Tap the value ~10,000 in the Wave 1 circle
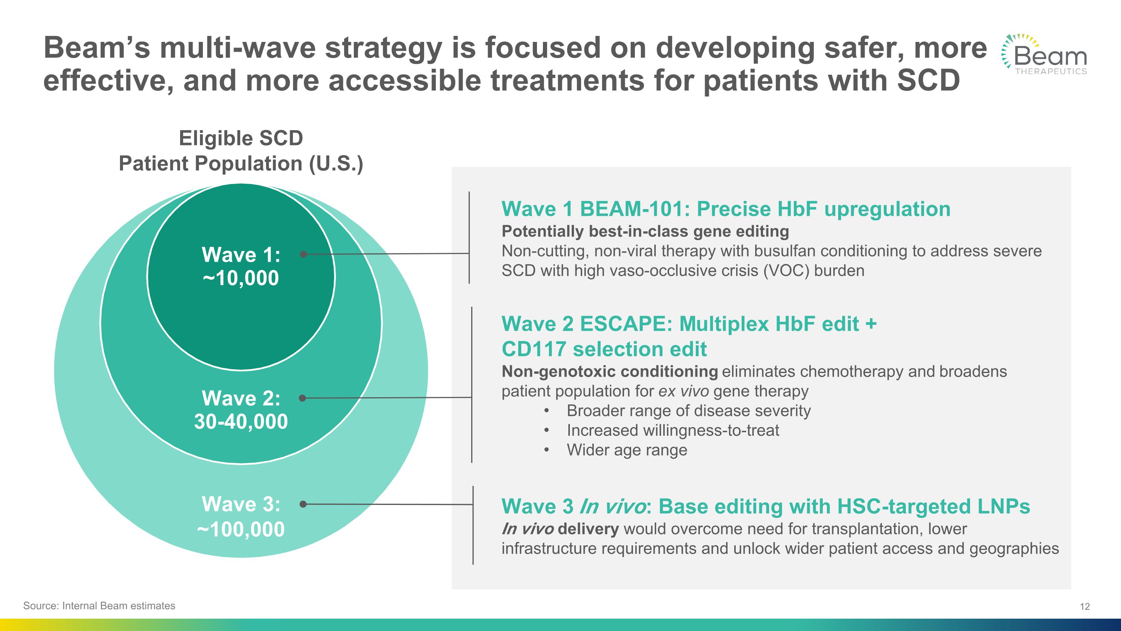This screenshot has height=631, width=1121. [x=241, y=278]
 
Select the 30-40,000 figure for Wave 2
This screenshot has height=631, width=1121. [x=241, y=422]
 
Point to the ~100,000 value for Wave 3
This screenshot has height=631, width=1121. [x=241, y=530]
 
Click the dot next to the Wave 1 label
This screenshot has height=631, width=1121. [x=303, y=254]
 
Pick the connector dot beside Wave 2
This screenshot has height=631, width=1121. [x=302, y=398]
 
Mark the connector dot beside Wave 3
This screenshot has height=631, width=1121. [x=303, y=504]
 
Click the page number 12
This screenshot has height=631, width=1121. [x=1084, y=607]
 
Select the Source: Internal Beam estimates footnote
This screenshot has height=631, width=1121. [x=99, y=606]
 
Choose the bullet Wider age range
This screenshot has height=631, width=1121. [x=627, y=450]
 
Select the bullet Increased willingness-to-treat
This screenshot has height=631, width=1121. [x=672, y=430]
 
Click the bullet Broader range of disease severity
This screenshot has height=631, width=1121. [x=688, y=411]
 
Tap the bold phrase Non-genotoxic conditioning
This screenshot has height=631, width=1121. [x=609, y=371]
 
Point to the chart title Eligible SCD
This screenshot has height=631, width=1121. [x=241, y=138]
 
